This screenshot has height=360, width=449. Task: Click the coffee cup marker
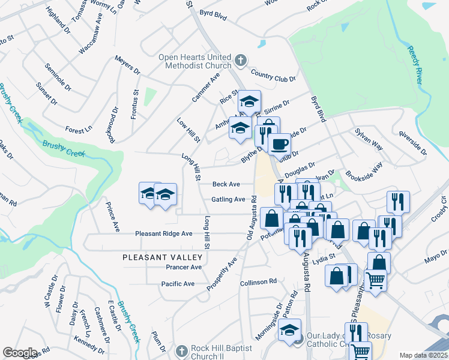(279, 144)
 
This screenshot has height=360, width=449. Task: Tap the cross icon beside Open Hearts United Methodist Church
(240, 61)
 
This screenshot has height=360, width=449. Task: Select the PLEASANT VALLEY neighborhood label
(163, 257)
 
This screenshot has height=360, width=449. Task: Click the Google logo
(20, 353)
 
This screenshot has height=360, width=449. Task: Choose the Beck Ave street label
(226, 184)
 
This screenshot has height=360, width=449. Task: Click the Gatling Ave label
(228, 199)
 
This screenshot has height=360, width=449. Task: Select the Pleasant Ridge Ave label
(163, 233)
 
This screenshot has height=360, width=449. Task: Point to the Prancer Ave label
(184, 267)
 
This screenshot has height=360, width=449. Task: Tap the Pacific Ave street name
(178, 283)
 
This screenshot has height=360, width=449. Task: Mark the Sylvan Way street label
(369, 138)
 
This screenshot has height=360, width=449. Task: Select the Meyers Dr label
(127, 67)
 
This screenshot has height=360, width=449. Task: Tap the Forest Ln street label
(79, 130)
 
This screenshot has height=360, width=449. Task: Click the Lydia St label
(339, 256)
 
